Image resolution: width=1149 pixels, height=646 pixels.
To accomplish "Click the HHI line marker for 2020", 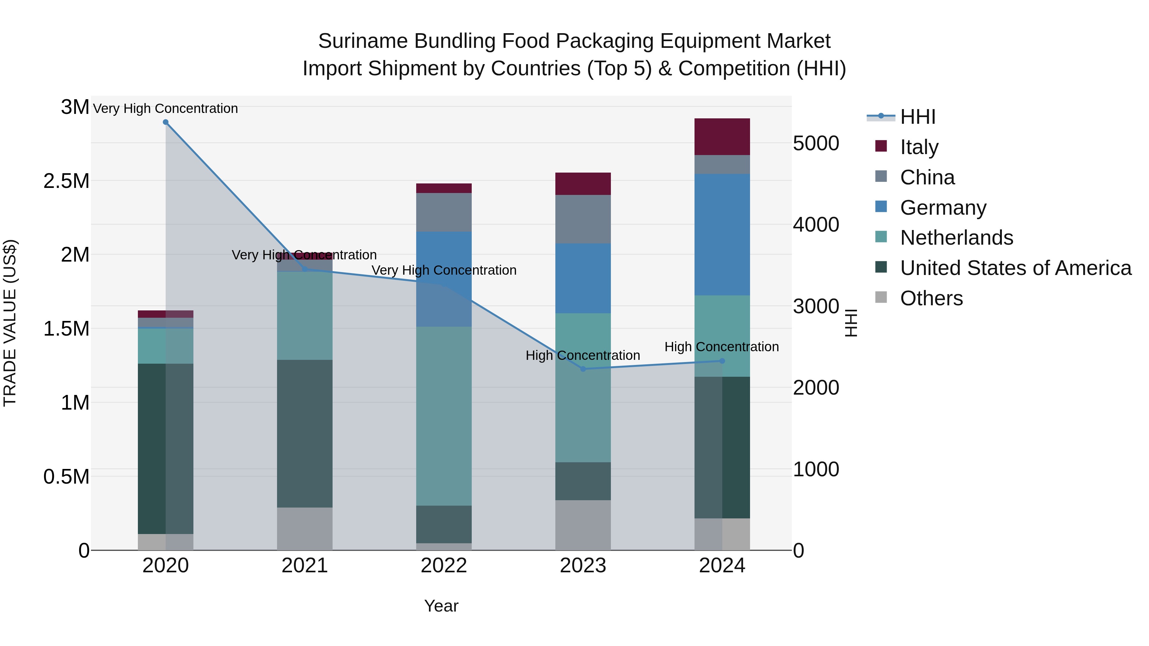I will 165,122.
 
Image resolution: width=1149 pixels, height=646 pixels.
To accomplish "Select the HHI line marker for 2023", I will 583,369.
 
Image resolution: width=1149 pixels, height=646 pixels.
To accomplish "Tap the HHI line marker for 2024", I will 722,361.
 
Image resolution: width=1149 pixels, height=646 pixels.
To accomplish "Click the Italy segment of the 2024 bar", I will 722,137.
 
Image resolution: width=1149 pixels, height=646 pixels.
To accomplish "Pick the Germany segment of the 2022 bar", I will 444,279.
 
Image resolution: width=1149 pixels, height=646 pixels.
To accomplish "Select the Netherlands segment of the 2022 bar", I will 444,416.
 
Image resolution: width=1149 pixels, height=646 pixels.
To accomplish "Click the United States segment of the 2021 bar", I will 305,433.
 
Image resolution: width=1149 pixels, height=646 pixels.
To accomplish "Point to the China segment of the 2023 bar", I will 583,219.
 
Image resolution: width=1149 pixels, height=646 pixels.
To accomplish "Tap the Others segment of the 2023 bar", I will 583,525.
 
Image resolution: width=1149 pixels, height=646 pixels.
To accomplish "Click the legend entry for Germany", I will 942,208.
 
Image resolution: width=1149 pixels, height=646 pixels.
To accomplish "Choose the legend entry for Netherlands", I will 956,238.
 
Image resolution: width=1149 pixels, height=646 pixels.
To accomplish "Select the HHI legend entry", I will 917,117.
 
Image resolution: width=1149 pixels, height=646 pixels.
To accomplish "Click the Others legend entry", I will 931,298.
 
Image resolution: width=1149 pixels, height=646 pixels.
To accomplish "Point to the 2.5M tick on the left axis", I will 66,181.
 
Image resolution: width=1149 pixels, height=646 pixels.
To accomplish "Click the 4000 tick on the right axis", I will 816,225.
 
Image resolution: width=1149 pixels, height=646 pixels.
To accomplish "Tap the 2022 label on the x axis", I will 444,566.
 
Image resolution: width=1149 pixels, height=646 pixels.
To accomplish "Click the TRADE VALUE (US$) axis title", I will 10,323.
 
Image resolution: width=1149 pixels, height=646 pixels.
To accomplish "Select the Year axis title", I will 441,606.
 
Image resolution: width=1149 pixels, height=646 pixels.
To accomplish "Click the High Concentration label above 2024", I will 721,347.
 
